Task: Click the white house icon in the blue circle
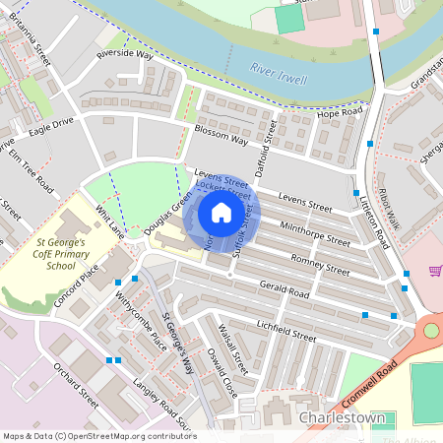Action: coord(221,213)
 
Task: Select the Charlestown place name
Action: coord(342,417)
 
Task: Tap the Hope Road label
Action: coord(341,113)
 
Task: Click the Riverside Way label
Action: coord(125,56)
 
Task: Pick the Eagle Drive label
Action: coord(51,127)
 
